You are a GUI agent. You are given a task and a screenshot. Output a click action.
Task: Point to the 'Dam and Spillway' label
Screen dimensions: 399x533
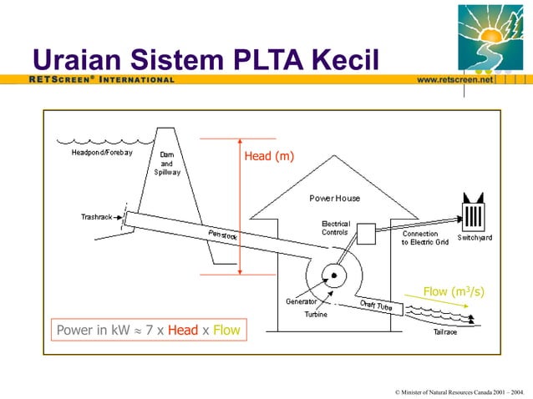[x=166, y=163]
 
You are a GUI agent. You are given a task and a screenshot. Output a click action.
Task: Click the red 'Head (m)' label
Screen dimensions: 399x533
[x=268, y=155]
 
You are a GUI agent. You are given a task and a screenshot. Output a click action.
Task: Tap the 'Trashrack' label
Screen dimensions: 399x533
[x=98, y=216]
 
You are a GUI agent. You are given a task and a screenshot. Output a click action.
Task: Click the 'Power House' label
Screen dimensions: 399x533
[x=334, y=199]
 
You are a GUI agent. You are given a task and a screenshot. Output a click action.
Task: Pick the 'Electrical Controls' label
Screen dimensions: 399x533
[x=335, y=228]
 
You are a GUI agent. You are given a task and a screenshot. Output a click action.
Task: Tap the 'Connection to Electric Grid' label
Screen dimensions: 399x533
[x=425, y=238]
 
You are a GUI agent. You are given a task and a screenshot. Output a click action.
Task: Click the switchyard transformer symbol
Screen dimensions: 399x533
[x=474, y=215]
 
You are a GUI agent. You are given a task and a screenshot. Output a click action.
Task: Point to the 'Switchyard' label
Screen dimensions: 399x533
[x=475, y=238]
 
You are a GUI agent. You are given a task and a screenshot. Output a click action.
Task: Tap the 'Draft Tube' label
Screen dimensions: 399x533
[x=376, y=306]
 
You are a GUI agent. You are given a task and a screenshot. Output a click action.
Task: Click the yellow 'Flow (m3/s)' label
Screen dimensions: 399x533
[x=454, y=291]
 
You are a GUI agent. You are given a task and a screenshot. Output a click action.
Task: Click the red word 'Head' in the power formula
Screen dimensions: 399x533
[x=182, y=331]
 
